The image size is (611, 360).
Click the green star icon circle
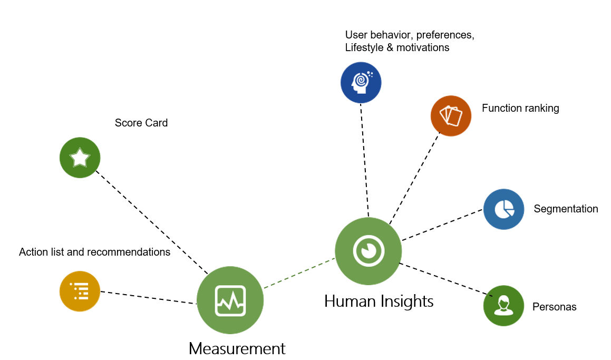[x=80, y=158]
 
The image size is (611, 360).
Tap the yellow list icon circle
[x=80, y=291]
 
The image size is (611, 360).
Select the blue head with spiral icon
[x=361, y=83]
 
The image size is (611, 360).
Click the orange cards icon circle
[x=451, y=116]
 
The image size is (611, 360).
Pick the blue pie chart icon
[x=504, y=209]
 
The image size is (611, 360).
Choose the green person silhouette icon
[x=504, y=306]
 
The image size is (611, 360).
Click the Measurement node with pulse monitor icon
[x=230, y=300]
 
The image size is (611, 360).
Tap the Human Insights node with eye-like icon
[x=368, y=251]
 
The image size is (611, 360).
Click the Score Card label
[x=141, y=123]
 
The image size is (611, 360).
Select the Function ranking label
[x=520, y=108]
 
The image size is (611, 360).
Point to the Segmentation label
[x=566, y=209]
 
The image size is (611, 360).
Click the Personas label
[x=554, y=307]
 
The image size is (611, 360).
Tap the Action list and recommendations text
[x=95, y=252]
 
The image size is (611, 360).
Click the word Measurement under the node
[x=237, y=348]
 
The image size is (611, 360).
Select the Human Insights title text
[x=379, y=301]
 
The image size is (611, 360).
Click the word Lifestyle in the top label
[x=364, y=47]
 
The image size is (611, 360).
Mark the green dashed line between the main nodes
[x=299, y=273]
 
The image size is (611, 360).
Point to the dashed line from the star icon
[x=152, y=222]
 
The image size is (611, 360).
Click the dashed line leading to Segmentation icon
[x=442, y=225]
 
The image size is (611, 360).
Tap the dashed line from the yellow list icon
[x=149, y=297]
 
